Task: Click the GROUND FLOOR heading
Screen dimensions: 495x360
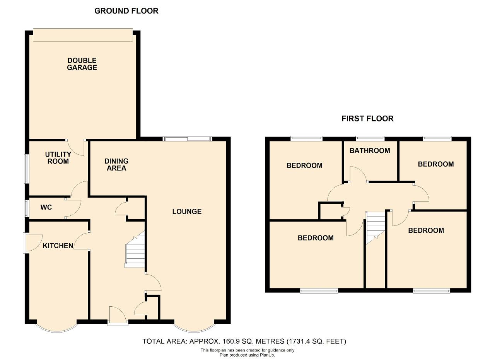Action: pyautogui.click(x=126, y=11)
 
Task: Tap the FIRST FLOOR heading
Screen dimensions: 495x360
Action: pyautogui.click(x=367, y=119)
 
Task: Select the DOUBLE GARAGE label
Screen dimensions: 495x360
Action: pyautogui.click(x=82, y=64)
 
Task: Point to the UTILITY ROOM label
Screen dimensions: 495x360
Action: pyautogui.click(x=58, y=157)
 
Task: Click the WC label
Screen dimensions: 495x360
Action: pyautogui.click(x=46, y=207)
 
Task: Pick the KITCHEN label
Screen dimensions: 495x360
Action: pyautogui.click(x=58, y=246)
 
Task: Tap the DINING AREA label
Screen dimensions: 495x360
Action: pyautogui.click(x=116, y=164)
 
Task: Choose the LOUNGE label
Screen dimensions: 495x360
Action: pyautogui.click(x=187, y=212)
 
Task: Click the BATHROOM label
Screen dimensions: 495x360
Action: pyautogui.click(x=370, y=151)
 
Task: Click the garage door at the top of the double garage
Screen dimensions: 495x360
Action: pyautogui.click(x=83, y=35)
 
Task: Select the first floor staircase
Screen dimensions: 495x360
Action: pyautogui.click(x=376, y=228)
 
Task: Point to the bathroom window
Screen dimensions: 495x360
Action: pyautogui.click(x=370, y=138)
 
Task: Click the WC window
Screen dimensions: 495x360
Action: pyautogui.click(x=27, y=208)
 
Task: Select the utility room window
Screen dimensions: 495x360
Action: pyautogui.click(x=27, y=169)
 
